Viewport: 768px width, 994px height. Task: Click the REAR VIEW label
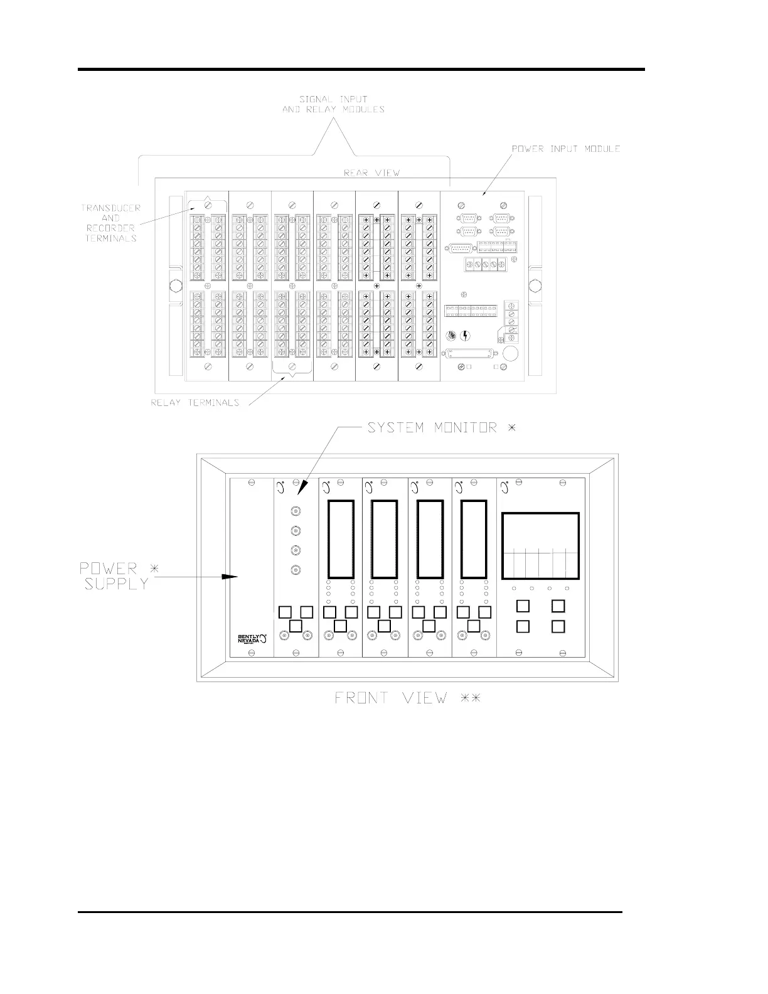[x=372, y=173]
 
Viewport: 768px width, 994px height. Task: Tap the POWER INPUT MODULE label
[x=566, y=149]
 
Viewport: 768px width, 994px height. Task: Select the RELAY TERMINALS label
[x=195, y=403]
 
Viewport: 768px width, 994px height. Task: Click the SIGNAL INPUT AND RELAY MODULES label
[x=333, y=104]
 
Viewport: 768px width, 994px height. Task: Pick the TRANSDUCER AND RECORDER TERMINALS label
[x=110, y=223]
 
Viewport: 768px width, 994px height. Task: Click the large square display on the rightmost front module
[x=540, y=545]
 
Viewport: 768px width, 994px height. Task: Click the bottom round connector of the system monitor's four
[x=296, y=570]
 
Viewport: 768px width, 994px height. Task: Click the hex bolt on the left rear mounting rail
[x=176, y=287]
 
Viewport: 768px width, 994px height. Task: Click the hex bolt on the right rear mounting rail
[x=535, y=287]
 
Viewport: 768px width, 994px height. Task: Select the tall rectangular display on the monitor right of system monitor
[x=341, y=539]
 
